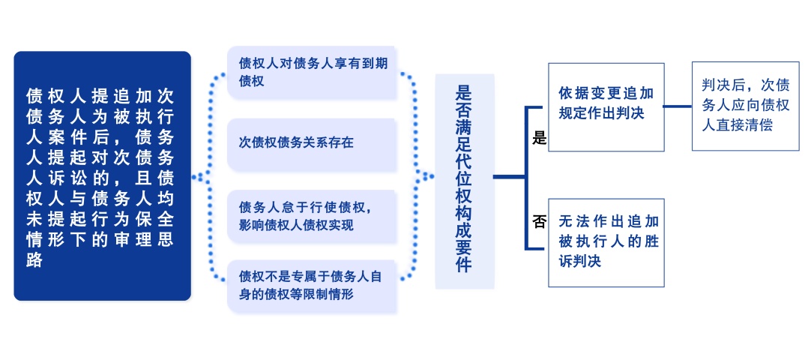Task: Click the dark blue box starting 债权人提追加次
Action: click(x=102, y=175)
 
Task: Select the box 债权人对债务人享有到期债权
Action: click(x=312, y=73)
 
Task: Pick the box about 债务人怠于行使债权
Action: click(x=312, y=217)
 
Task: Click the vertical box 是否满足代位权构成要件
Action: click(x=465, y=181)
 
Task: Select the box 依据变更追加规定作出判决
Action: click(x=606, y=107)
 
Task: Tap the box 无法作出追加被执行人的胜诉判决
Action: click(x=606, y=242)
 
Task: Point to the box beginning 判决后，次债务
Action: click(x=745, y=106)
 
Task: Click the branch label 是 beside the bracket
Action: click(x=539, y=138)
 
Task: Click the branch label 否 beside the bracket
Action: click(x=539, y=222)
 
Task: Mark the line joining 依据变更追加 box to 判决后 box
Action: click(x=678, y=106)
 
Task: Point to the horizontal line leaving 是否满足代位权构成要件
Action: click(x=509, y=177)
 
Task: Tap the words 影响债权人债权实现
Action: click(x=296, y=225)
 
